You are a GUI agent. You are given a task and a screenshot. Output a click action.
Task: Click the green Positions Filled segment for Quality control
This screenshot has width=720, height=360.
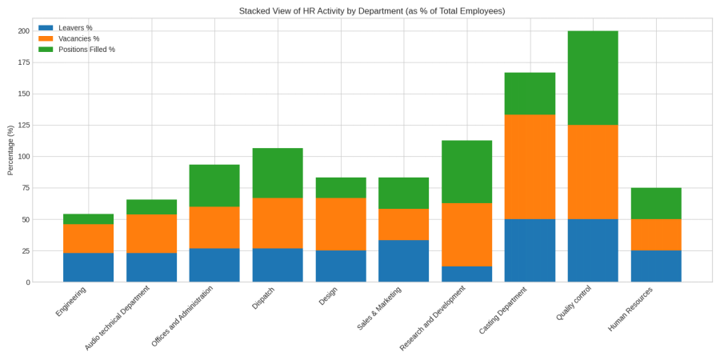(593, 78)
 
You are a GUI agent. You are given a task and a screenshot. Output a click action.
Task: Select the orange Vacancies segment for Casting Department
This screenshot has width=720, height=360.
(530, 166)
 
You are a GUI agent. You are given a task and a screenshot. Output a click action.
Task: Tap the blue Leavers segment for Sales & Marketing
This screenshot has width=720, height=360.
(403, 261)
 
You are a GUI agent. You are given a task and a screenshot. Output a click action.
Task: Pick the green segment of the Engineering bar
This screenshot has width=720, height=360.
(88, 219)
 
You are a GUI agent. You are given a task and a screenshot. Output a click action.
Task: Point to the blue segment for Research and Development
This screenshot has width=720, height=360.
(466, 274)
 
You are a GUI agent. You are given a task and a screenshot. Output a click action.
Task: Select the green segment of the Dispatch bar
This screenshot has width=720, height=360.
(278, 173)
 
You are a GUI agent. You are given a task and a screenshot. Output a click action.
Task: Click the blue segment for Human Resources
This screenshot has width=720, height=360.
(656, 266)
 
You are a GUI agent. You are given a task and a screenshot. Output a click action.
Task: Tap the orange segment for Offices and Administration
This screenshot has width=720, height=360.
(214, 227)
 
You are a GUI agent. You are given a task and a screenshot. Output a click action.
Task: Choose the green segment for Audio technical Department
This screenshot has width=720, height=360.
(151, 207)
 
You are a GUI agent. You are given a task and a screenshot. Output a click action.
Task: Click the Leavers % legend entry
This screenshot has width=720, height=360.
(75, 28)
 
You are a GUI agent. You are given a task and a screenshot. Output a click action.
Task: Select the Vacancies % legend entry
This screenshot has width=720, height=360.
(78, 38)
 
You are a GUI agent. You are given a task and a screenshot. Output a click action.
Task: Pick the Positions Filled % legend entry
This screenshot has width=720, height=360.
(86, 50)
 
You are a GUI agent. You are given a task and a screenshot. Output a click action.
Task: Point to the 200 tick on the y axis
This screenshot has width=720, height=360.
(24, 31)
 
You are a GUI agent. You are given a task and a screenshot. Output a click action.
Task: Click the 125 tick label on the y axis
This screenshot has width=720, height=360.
(24, 125)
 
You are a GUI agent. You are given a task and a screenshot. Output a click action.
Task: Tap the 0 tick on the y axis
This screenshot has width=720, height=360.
(27, 282)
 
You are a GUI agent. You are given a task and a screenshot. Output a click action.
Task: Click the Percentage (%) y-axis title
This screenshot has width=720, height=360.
(10, 150)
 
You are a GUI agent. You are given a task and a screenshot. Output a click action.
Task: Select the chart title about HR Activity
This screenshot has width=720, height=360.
(372, 11)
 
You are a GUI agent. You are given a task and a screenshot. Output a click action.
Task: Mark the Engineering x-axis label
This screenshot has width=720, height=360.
(71, 302)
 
